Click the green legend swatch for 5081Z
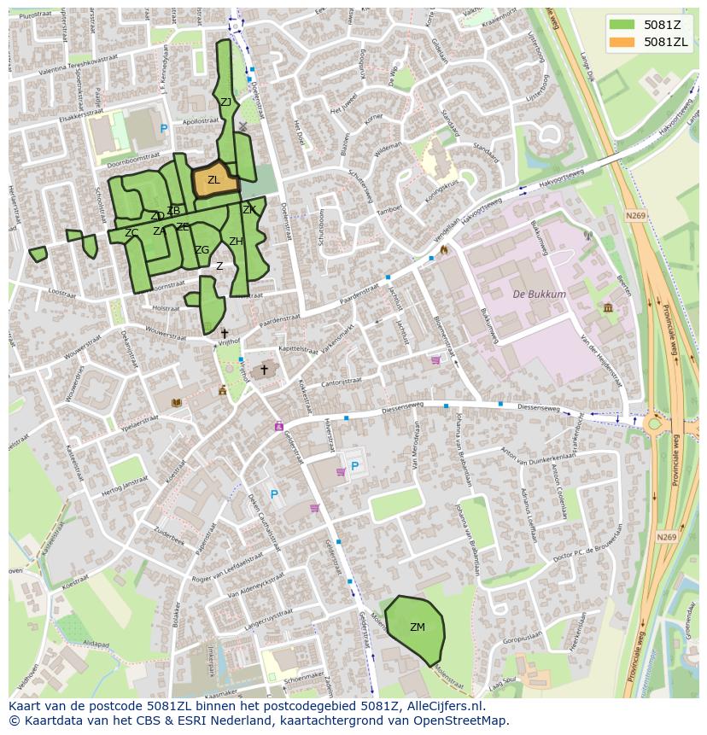[621, 24]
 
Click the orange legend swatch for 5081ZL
[621, 42]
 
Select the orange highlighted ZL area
[213, 180]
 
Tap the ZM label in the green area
[417, 627]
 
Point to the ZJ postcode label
[225, 102]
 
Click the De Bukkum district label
[539, 295]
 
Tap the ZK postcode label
[249, 210]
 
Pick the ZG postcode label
[202, 250]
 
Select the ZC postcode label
[131, 233]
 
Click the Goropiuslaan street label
[523, 637]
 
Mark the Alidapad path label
[96, 645]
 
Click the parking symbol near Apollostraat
[164, 129]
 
